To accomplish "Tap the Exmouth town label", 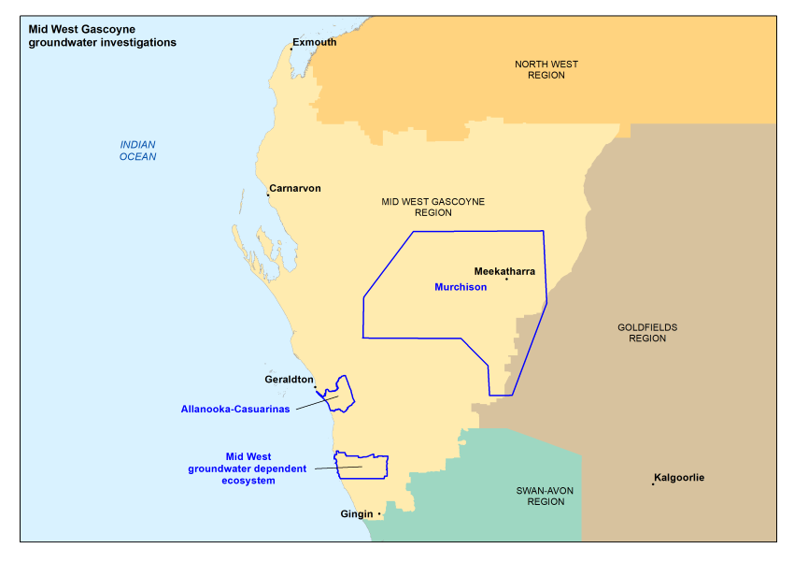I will click(314, 42).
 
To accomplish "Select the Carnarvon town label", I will click(294, 188).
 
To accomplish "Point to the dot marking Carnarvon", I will click(268, 196).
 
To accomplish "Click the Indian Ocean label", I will click(137, 151).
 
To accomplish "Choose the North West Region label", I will click(546, 69).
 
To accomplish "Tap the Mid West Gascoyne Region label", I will click(433, 207).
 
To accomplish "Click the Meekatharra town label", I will click(504, 271).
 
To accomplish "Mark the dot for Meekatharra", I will click(506, 279).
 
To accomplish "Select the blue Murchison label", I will click(461, 287).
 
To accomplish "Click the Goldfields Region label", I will click(646, 333).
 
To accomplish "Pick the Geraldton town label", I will click(289, 380).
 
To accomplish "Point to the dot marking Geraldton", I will click(315, 387).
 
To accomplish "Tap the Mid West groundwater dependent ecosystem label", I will click(248, 468).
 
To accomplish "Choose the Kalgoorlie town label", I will click(679, 478).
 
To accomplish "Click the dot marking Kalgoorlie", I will click(653, 483).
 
